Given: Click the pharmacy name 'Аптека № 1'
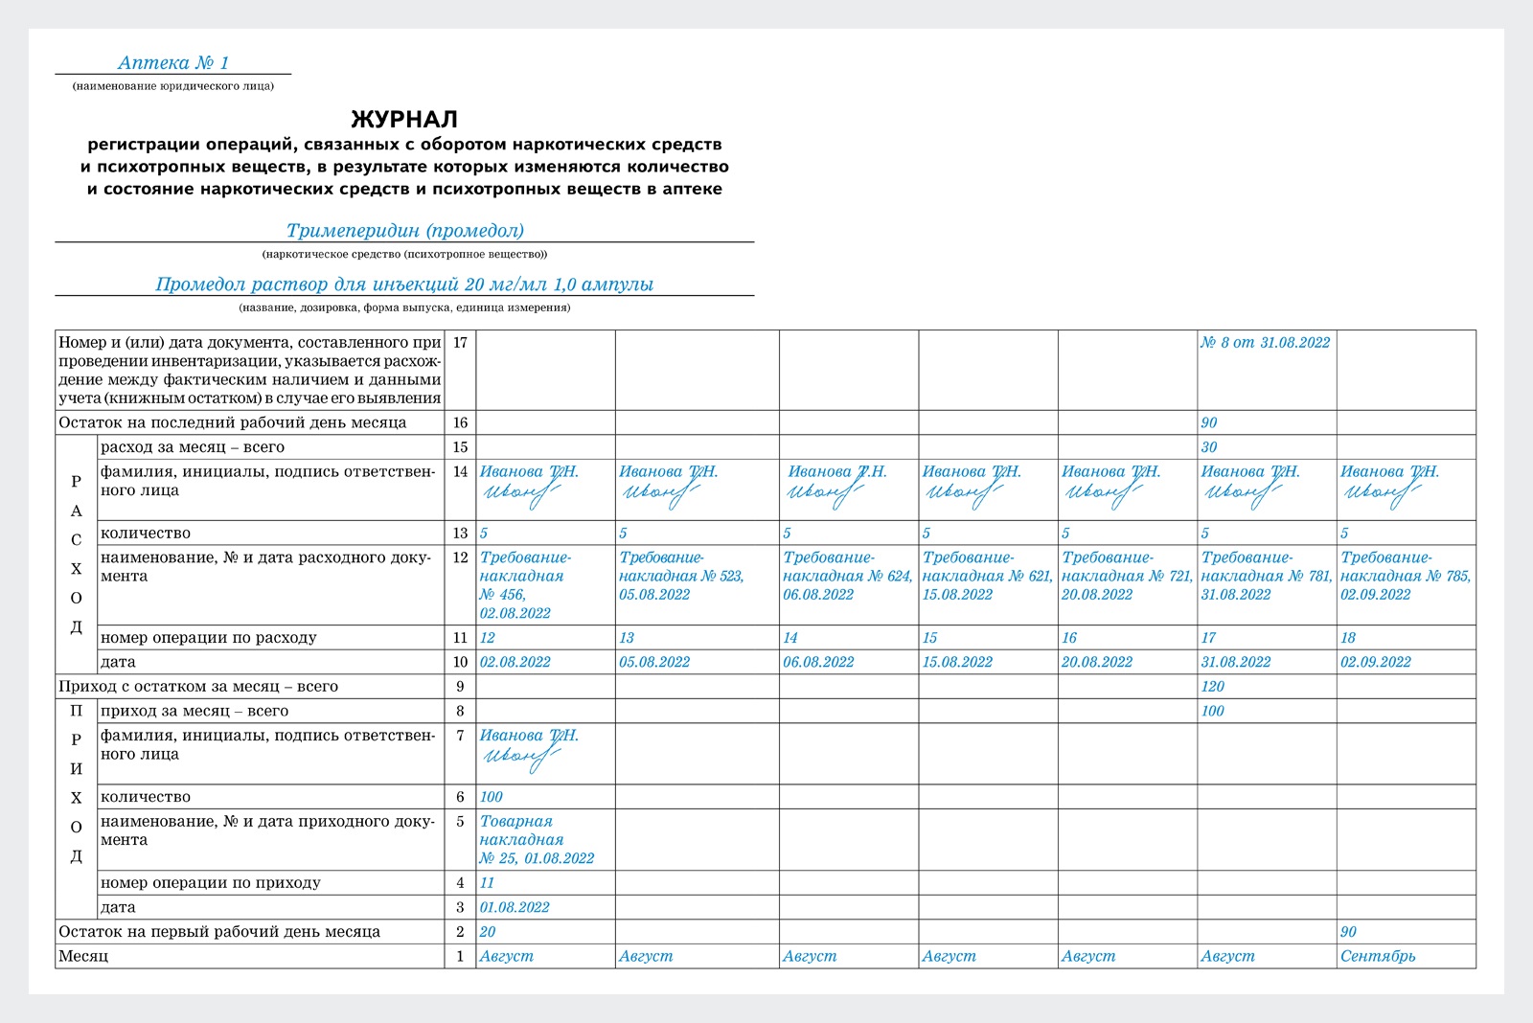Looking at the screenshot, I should (x=173, y=63).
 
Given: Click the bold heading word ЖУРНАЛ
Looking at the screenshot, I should (x=404, y=120).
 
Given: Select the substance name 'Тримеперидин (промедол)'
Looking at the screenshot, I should (x=404, y=231).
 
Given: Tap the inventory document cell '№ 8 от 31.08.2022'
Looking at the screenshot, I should (x=1265, y=343).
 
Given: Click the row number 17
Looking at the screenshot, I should (x=460, y=343).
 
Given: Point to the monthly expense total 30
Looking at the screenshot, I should (x=1209, y=447).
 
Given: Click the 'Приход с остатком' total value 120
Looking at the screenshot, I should (x=1213, y=687).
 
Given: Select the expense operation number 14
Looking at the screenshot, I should (x=790, y=638).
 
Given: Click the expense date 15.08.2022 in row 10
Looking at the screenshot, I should (x=958, y=662).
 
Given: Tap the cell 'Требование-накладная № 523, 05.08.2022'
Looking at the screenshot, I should (x=681, y=576).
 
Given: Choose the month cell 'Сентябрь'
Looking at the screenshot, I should (x=1378, y=956).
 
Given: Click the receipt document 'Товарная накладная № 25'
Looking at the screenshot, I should (x=537, y=840).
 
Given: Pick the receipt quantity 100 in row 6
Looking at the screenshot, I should (x=492, y=797).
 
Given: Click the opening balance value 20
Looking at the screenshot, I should (x=488, y=932).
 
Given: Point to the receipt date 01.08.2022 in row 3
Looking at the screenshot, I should (x=515, y=907).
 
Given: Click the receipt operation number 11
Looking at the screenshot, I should (x=487, y=883).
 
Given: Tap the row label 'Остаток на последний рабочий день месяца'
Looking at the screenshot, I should (x=232, y=423).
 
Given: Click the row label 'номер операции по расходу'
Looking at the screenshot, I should (x=208, y=638).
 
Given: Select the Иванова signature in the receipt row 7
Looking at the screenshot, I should (x=523, y=757).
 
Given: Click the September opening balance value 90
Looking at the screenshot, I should (x=1348, y=932).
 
